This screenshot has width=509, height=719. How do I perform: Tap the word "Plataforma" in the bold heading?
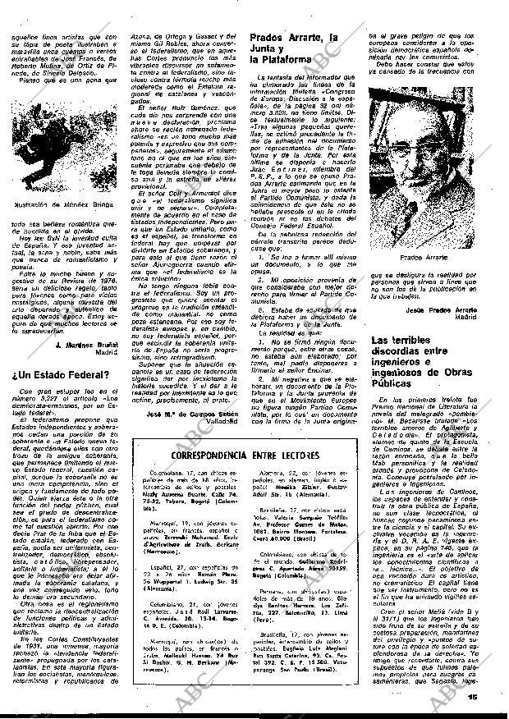click(x=286, y=60)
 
